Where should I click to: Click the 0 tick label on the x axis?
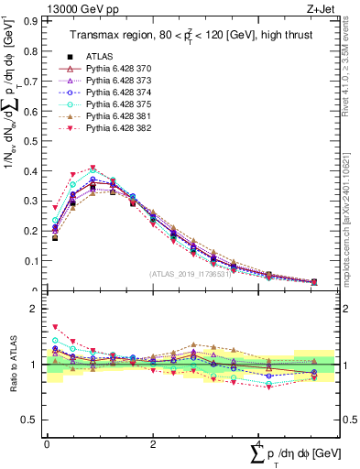[x=47, y=443]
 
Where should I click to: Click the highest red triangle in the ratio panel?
[x=55, y=326]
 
